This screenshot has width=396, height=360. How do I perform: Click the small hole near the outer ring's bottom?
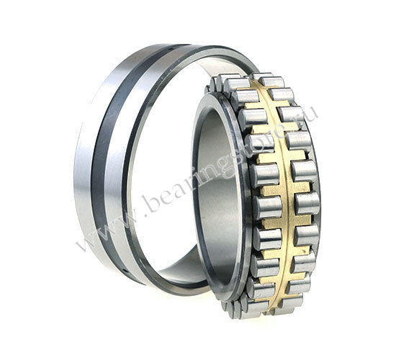(125, 271)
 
